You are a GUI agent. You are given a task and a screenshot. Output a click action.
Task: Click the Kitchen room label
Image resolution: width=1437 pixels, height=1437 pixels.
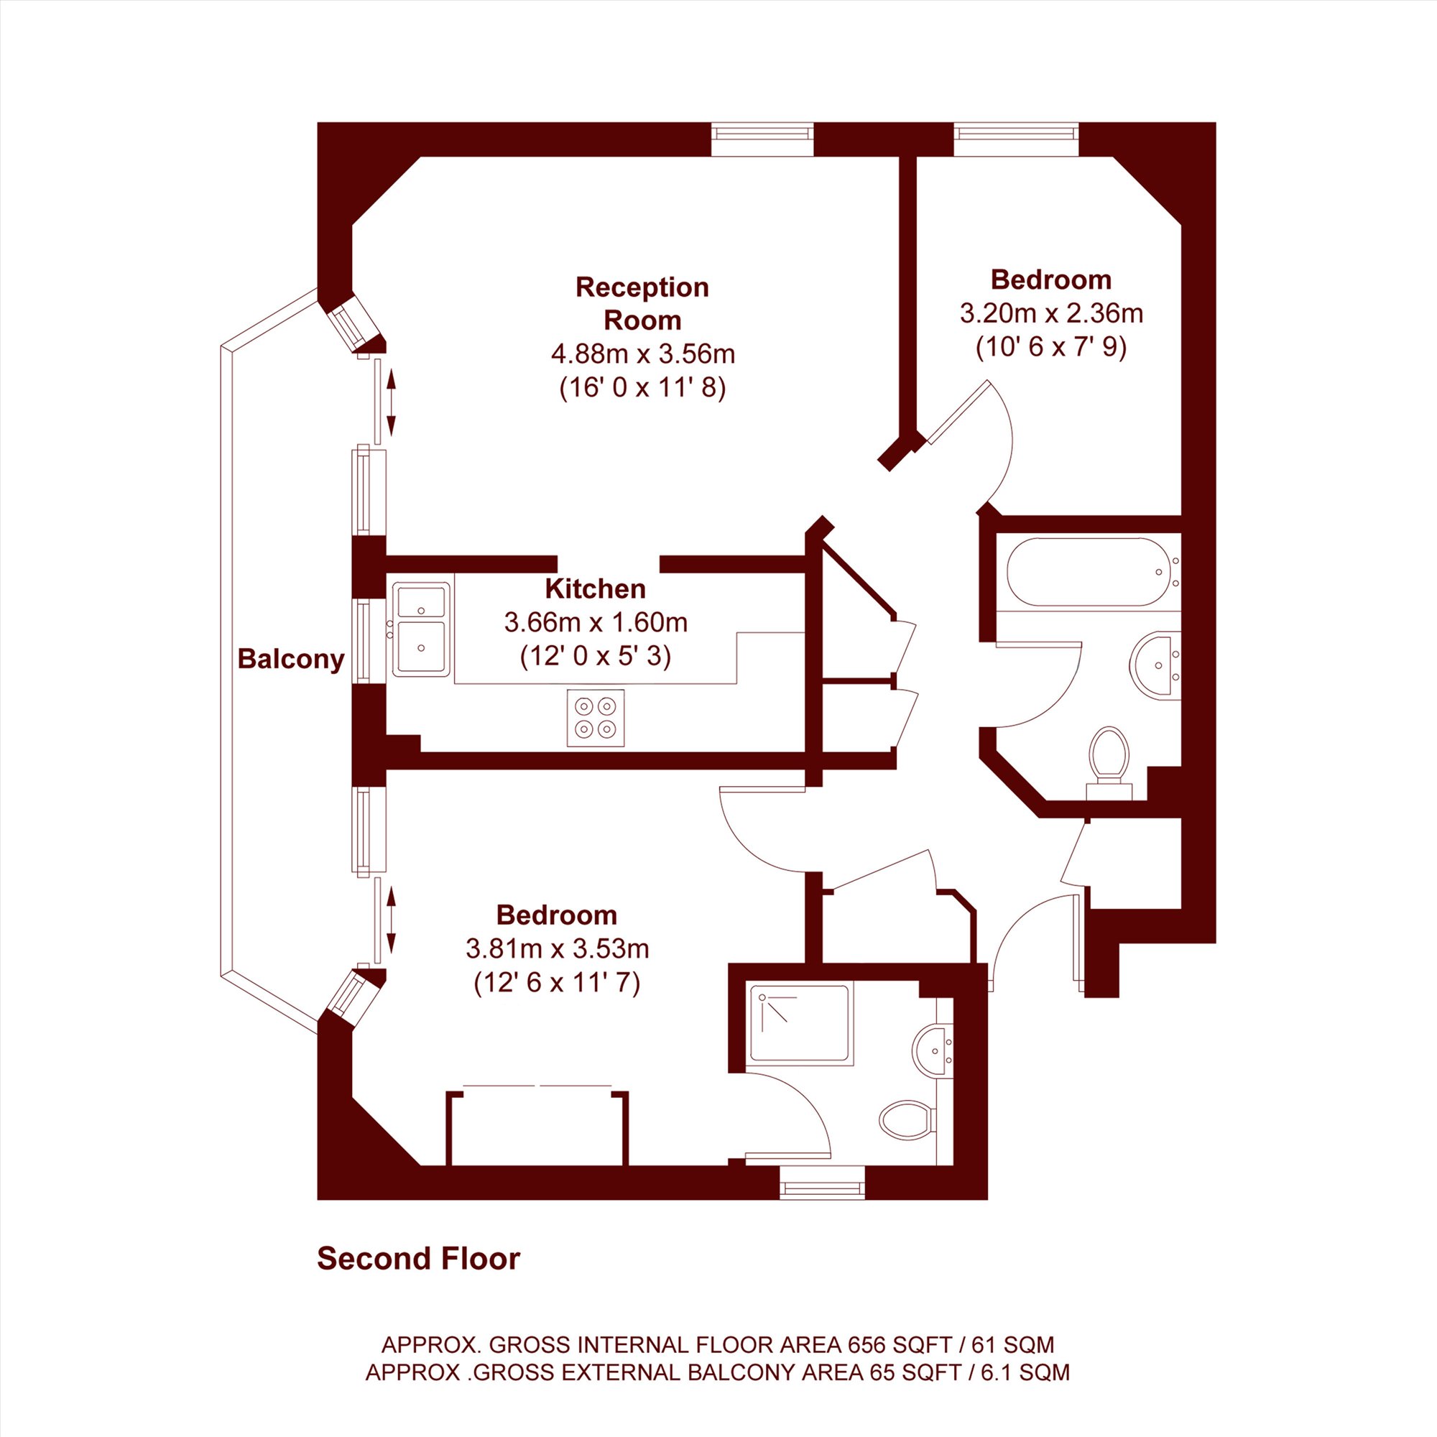tap(595, 588)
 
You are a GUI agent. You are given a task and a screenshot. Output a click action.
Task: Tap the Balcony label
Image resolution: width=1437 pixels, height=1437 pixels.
tap(291, 659)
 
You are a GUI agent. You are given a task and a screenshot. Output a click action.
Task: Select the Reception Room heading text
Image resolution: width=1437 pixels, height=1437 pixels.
tap(642, 303)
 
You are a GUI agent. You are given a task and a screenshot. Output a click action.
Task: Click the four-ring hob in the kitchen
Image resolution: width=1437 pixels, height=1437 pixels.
tap(596, 718)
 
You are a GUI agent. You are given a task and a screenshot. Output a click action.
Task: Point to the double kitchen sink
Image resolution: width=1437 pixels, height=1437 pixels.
tap(421, 629)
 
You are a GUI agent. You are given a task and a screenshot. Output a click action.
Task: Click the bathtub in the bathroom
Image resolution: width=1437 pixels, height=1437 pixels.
tap(1088, 572)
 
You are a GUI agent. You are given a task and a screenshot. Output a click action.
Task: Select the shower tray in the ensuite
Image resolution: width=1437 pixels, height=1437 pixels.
tap(799, 1023)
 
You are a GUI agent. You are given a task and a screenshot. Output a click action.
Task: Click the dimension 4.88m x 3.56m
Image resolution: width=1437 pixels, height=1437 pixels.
tap(642, 354)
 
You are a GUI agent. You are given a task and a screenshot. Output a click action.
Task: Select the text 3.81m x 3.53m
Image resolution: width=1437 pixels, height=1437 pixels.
tap(557, 949)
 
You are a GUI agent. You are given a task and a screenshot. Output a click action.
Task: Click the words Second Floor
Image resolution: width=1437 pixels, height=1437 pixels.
tap(419, 1259)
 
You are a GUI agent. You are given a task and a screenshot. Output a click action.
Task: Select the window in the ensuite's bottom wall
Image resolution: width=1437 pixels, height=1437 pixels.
tap(823, 1183)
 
